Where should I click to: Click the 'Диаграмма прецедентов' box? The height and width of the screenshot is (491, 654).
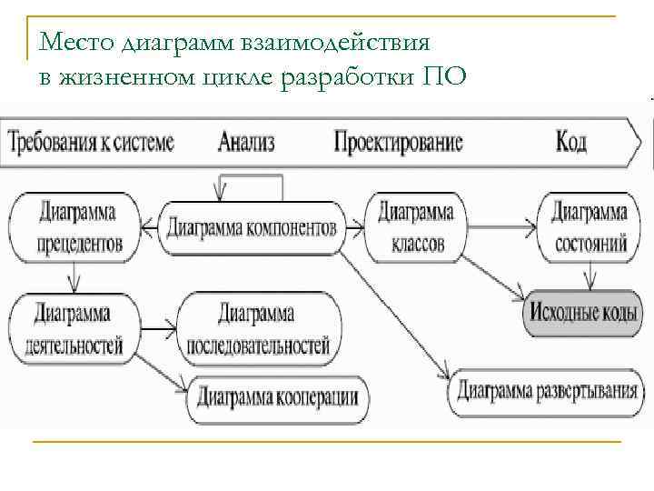point(77,228)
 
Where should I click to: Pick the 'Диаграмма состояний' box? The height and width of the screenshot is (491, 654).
point(590,228)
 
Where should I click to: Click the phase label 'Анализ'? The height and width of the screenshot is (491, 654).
point(246,142)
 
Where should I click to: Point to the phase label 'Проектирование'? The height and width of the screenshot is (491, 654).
point(398,142)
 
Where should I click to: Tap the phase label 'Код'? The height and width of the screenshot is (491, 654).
point(570,142)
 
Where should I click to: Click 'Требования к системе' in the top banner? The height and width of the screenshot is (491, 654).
point(91,142)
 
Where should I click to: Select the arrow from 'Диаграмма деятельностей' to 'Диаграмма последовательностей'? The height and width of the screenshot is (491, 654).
point(162,326)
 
